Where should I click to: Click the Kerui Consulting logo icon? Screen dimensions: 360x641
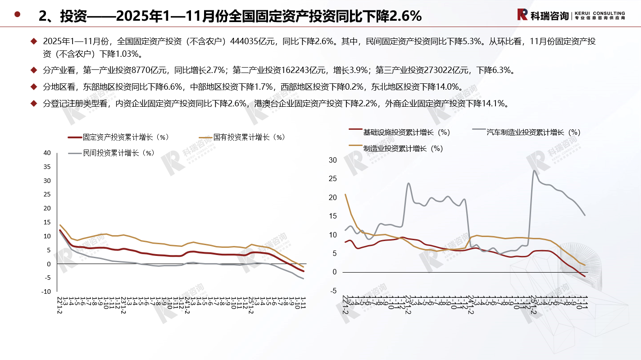(x=523, y=15)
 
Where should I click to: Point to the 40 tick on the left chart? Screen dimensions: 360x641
(x=47, y=153)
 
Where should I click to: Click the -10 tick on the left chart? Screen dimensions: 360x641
(x=46, y=292)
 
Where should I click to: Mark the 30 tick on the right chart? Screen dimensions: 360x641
(x=333, y=160)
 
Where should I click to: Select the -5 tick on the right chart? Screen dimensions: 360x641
(x=334, y=291)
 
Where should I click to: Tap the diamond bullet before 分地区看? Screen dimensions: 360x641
(x=33, y=87)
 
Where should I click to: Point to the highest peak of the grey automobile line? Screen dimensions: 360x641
(x=534, y=170)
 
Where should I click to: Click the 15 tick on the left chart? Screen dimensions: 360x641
(x=47, y=223)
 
